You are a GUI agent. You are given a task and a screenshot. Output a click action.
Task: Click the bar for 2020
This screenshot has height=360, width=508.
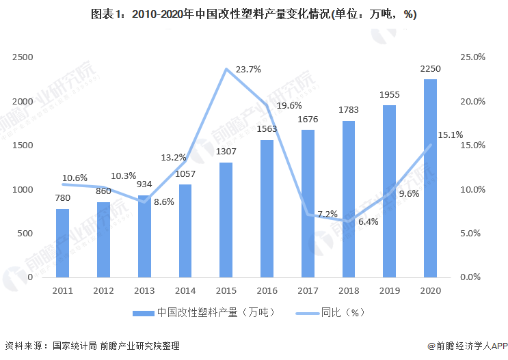point(430,178)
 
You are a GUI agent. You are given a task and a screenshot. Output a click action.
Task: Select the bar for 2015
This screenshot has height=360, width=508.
point(226,220)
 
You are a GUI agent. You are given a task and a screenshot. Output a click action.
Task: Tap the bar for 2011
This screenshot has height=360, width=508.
point(62,243)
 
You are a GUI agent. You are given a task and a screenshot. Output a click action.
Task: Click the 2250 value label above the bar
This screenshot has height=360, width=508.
point(430,69)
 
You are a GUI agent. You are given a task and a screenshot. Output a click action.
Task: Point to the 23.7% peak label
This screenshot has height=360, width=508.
point(248,70)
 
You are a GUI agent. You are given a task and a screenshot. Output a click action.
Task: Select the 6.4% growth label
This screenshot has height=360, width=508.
point(367,221)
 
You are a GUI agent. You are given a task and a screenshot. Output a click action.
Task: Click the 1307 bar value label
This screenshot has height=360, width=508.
point(226,152)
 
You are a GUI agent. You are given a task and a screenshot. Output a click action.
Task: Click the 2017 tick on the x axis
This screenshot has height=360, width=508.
point(308,290)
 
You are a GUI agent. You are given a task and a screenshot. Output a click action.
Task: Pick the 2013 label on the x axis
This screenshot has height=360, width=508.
point(144,290)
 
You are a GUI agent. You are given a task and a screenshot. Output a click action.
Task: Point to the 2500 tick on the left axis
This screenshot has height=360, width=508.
point(23,57)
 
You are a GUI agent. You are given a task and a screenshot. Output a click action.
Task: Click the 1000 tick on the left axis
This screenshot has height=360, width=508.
point(23,189)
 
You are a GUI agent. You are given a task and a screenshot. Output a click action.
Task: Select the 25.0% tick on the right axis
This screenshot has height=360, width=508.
point(472,57)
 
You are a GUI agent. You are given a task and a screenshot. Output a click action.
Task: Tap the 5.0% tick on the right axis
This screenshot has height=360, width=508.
point(472,233)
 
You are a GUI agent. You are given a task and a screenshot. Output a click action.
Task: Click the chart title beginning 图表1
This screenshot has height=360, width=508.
point(254,15)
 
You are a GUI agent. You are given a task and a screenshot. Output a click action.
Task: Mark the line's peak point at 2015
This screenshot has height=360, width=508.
point(226,69)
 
